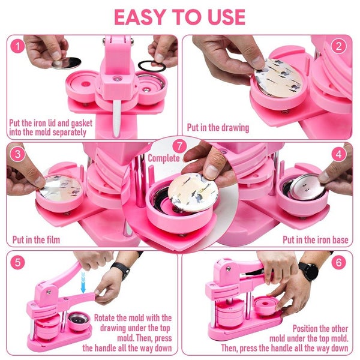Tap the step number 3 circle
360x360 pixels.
coord(19,154)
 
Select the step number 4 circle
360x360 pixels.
coord(340,154)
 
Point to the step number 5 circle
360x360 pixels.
coord(19,262)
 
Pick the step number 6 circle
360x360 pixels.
coord(340,262)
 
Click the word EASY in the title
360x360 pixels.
coord(143,17)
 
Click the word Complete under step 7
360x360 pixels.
coord(163,159)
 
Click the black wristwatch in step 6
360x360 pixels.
coord(308,271)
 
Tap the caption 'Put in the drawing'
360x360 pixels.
coord(218,128)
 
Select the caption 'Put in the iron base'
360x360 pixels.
coord(316,240)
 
